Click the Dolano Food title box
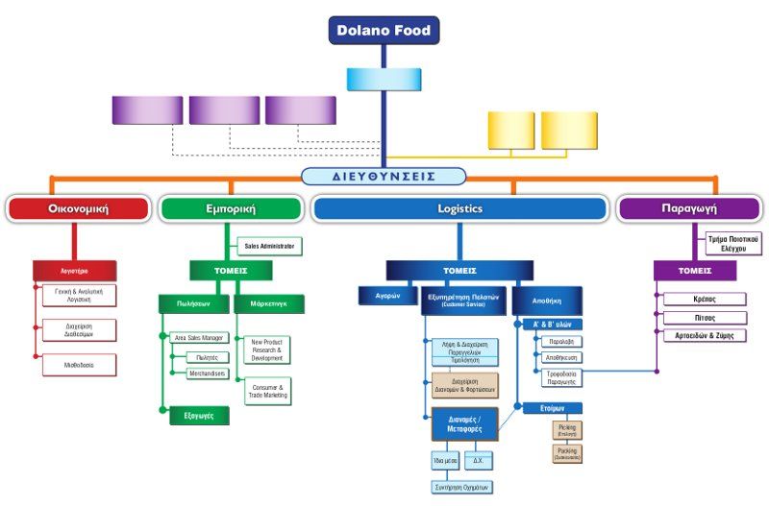point(384,30)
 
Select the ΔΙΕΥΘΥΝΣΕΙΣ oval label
point(384,177)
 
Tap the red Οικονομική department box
point(78,208)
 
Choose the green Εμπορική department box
point(230,208)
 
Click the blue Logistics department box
point(459,208)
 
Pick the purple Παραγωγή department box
point(690,208)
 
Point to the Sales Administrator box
point(268,246)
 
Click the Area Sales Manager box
point(198,338)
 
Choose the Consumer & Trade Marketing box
point(266,391)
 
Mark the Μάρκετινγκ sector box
point(268,303)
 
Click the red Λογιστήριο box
point(74,271)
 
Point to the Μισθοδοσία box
point(79,365)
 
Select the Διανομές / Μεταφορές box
point(459,423)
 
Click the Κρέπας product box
point(705,299)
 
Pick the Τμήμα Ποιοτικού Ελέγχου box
point(732,242)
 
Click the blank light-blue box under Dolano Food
point(384,79)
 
